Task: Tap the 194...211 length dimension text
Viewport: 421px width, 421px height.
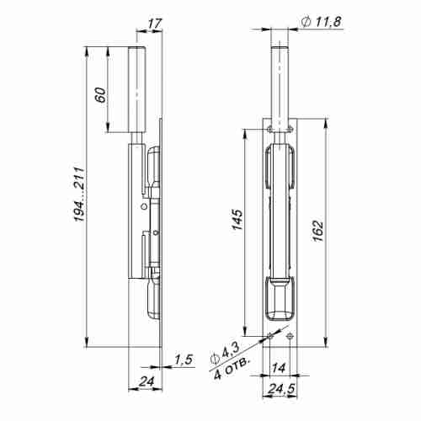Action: pos(77,197)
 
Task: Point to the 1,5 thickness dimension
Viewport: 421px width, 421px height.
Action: pos(182,360)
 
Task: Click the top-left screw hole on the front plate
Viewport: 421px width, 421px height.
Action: pos(269,128)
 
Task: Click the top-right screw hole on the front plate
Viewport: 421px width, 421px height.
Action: pos(289,128)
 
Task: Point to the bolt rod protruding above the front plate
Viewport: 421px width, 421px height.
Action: pos(279,84)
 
